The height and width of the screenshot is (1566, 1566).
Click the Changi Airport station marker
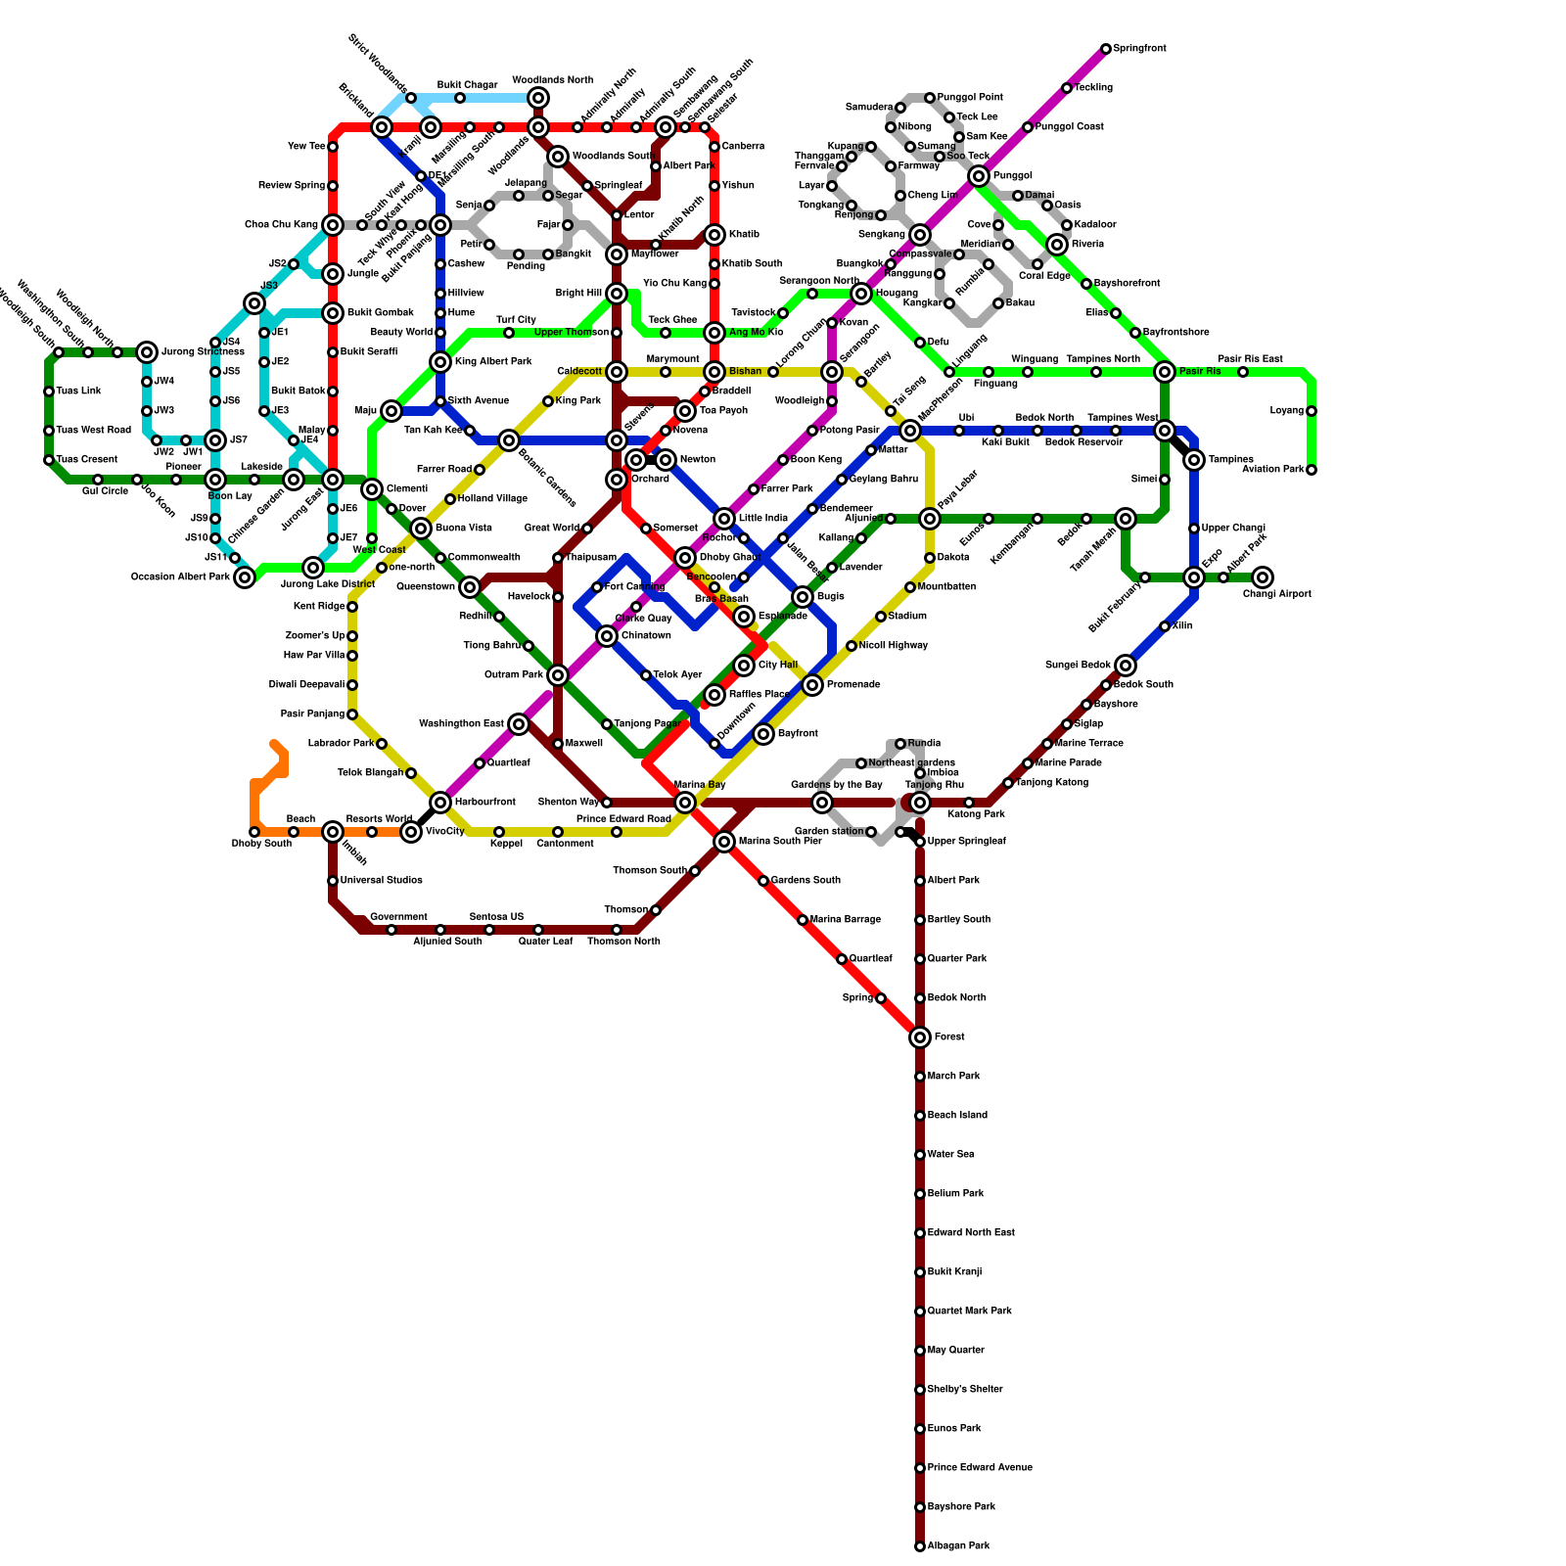pyautogui.click(x=1263, y=577)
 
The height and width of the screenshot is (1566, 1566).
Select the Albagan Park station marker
pyautogui.click(x=920, y=1546)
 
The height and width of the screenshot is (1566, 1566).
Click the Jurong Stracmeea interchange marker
pyautogui.click(x=147, y=352)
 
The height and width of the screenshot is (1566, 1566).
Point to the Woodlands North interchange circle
pyautogui.click(x=538, y=98)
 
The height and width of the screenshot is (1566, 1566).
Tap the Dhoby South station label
pyautogui.click(x=261, y=844)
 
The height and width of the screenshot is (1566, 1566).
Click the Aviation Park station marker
pyautogui.click(x=1312, y=470)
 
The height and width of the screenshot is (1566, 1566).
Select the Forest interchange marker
pyautogui.click(x=920, y=1037)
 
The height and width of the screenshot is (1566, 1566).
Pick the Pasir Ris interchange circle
pyautogui.click(x=1165, y=372)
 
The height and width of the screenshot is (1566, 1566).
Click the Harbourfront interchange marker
pyautogui.click(x=440, y=803)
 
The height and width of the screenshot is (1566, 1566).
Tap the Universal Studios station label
pyautogui.click(x=382, y=881)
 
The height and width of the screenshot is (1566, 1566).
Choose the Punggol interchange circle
pyautogui.click(x=979, y=176)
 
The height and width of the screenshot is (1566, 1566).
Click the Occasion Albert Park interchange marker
pyautogui.click(x=245, y=577)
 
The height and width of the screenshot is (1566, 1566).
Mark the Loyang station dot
pyautogui.click(x=1312, y=411)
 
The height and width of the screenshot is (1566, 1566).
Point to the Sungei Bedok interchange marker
pyautogui.click(x=1126, y=666)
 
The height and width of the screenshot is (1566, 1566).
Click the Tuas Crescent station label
pyautogui.click(x=87, y=460)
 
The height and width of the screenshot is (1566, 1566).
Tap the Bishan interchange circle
pyautogui.click(x=714, y=372)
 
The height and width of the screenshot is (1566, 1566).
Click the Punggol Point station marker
pyautogui.click(x=930, y=98)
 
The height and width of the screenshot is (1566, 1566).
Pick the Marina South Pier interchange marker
pyautogui.click(x=724, y=842)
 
